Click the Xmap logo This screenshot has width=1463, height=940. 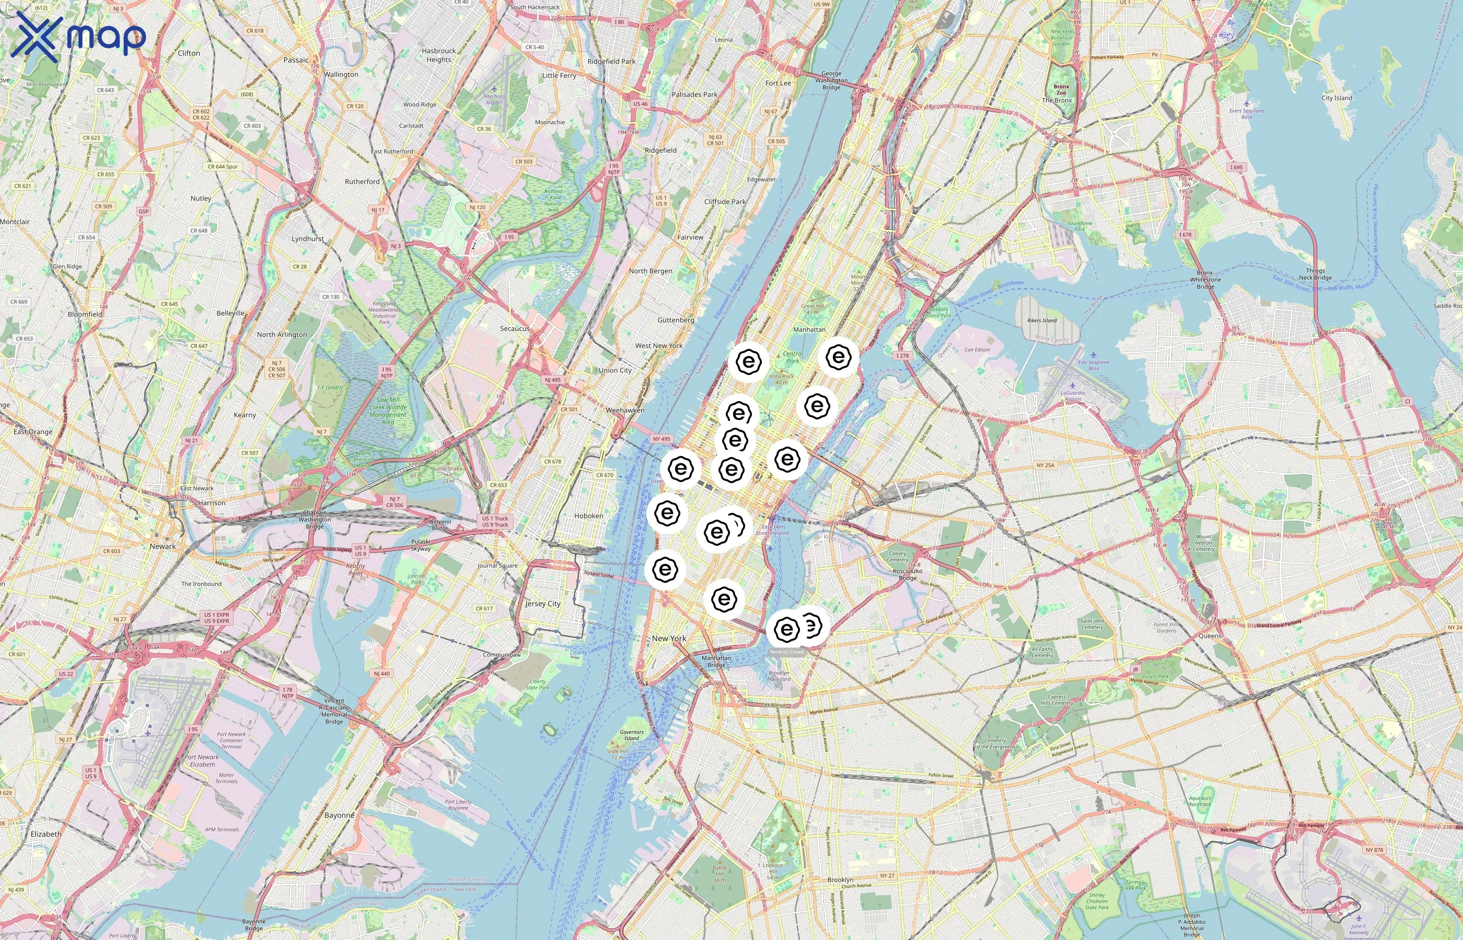click(x=78, y=37)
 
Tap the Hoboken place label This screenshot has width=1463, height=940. click(x=589, y=516)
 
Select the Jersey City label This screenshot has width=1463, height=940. click(x=543, y=604)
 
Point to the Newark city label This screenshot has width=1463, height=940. click(x=162, y=546)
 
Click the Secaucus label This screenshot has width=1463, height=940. click(x=515, y=328)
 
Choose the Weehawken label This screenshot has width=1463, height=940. click(x=624, y=410)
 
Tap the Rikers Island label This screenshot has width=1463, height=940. click(x=1042, y=321)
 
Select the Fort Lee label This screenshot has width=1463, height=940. click(x=778, y=83)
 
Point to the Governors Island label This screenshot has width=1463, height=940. click(x=631, y=735)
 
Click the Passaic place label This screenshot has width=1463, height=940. click(x=296, y=60)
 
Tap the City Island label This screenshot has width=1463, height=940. click(x=1337, y=98)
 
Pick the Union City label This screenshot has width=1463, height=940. click(x=615, y=370)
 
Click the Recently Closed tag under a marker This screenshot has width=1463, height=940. click(x=786, y=652)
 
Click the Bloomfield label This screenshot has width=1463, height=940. click(x=85, y=314)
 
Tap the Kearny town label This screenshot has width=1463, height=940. click(x=245, y=415)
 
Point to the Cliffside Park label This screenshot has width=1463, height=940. click(x=725, y=202)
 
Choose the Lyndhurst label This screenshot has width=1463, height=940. click(x=308, y=239)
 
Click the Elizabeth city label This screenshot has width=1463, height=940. click(x=46, y=834)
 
